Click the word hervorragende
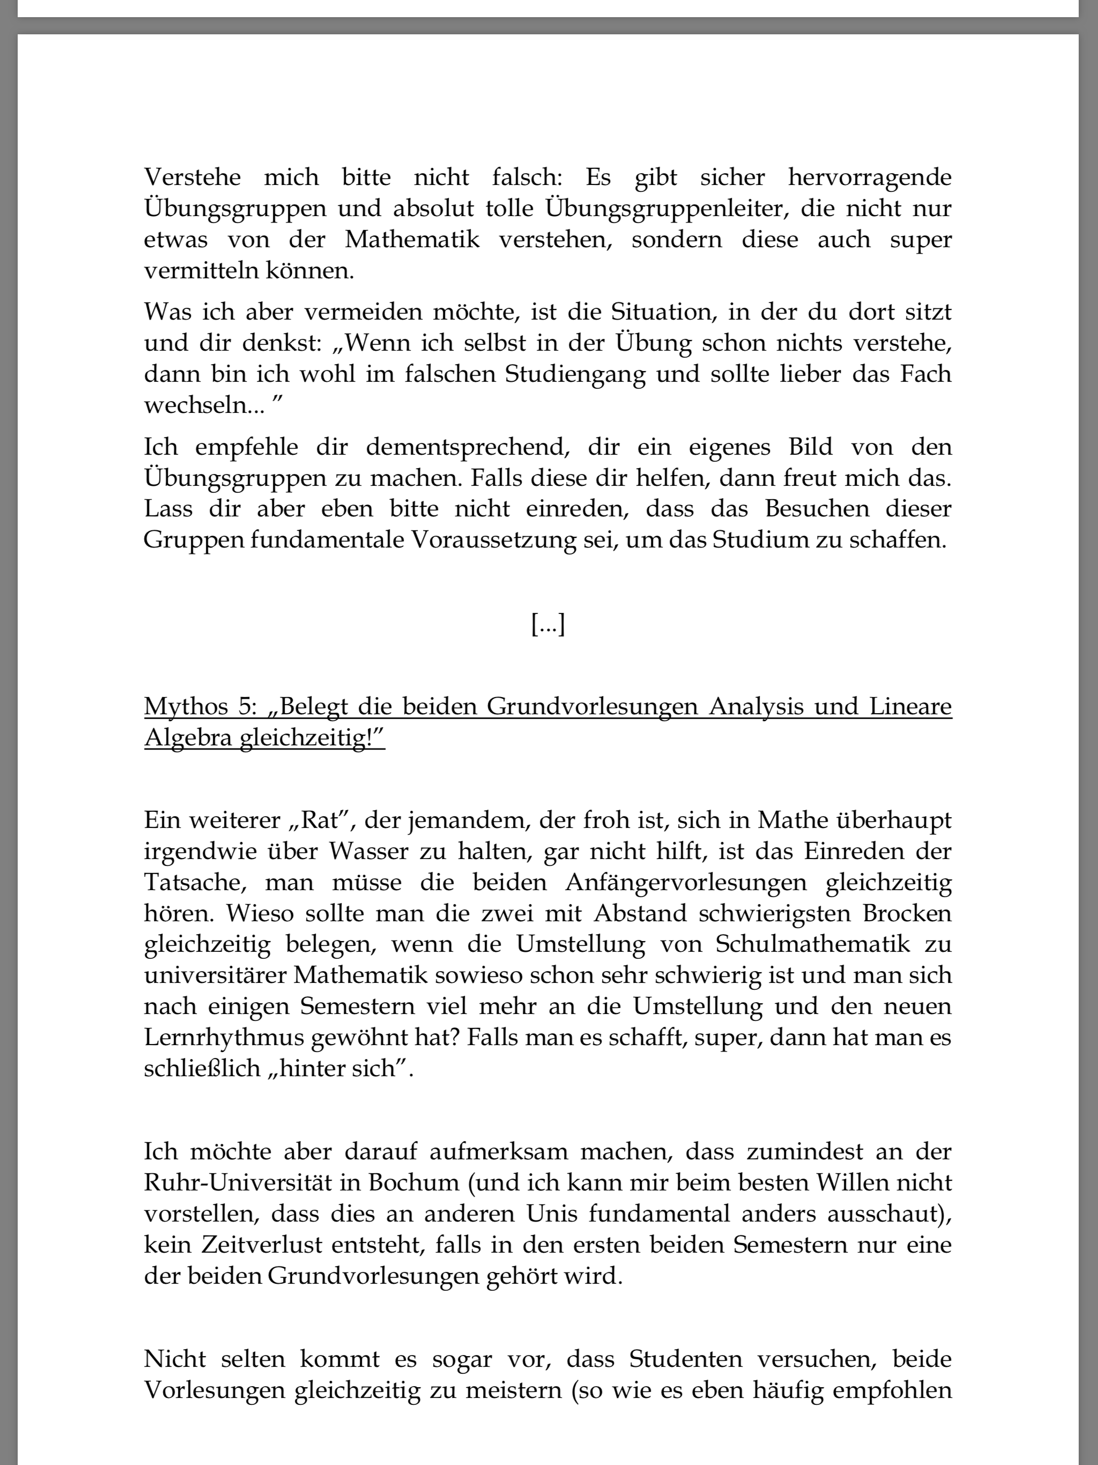tap(870, 178)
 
